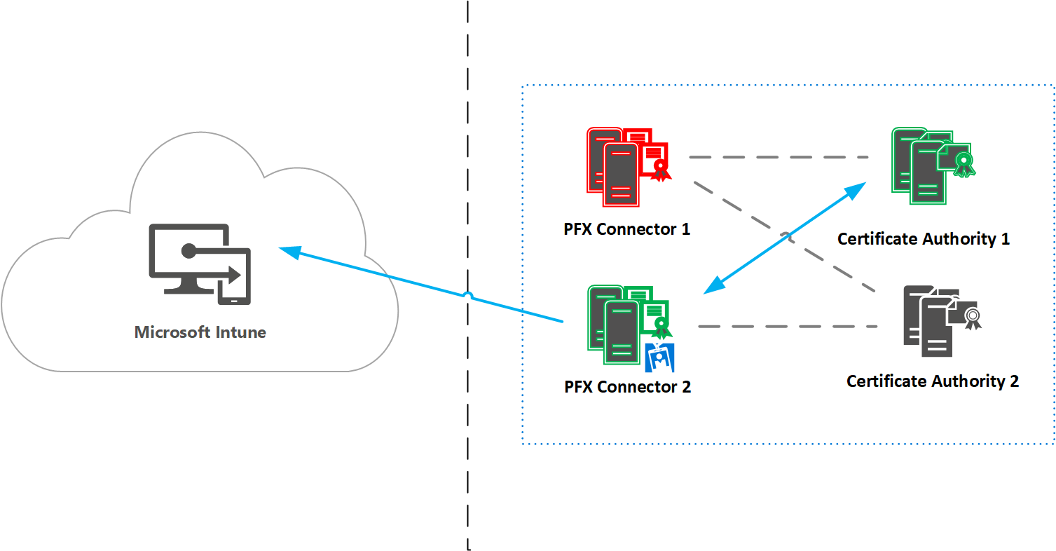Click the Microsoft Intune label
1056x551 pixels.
click(x=200, y=332)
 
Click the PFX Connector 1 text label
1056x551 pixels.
click(x=627, y=229)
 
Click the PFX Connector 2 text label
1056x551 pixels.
click(x=628, y=387)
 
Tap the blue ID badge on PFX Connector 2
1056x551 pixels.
click(x=659, y=358)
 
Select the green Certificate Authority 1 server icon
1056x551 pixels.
click(x=921, y=166)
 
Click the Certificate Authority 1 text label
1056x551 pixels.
click(x=924, y=239)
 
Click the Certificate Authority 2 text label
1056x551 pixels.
click(x=933, y=381)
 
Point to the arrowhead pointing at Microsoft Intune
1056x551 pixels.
click(x=289, y=251)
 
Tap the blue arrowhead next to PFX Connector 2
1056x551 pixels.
click(x=713, y=284)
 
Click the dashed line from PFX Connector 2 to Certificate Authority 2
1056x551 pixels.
click(x=788, y=326)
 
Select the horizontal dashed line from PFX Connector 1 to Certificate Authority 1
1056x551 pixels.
click(x=778, y=158)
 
